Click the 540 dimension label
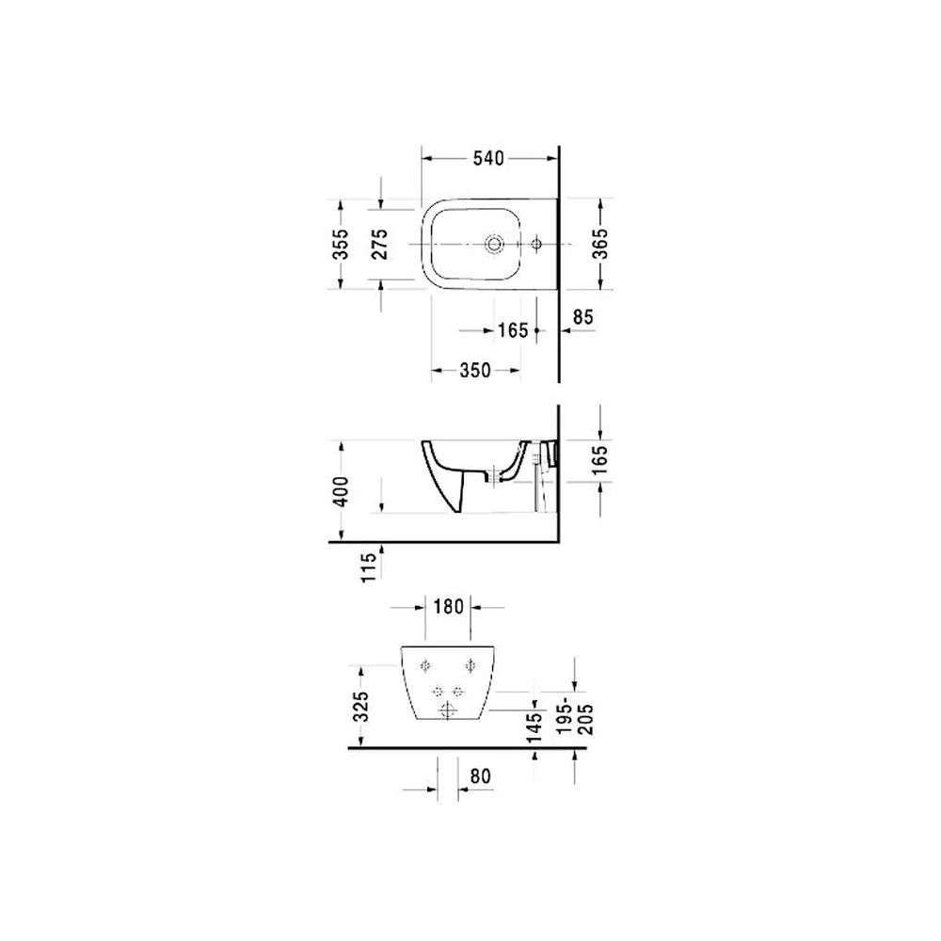488,158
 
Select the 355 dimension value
341,244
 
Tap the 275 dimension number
379,244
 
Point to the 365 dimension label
600,244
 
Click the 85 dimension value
582,317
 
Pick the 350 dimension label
475,370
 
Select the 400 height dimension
341,491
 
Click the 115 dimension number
369,566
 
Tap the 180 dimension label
449,607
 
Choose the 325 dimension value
360,707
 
